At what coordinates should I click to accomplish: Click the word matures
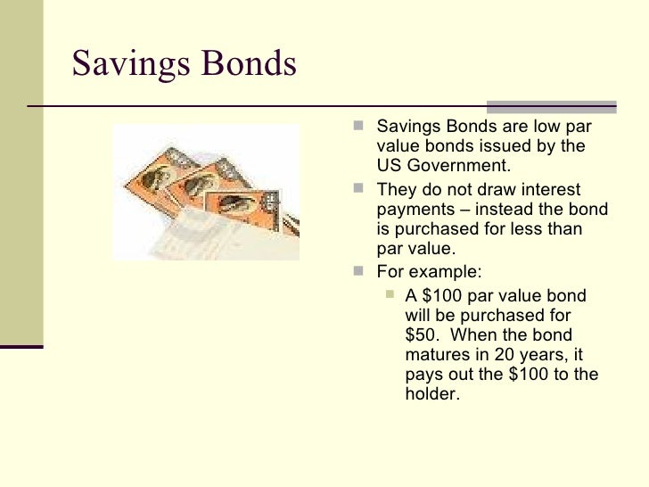pyautogui.click(x=434, y=354)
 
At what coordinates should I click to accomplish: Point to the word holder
pyautogui.click(x=431, y=392)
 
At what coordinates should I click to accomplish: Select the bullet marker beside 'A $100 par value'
pyautogui.click(x=390, y=295)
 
